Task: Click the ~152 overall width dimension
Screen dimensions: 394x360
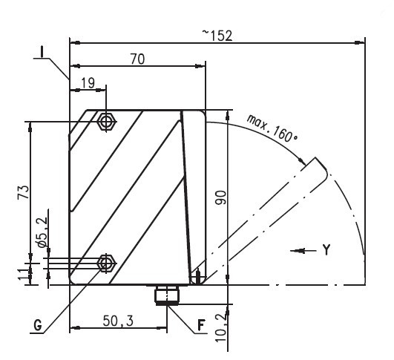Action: pyautogui.click(x=217, y=36)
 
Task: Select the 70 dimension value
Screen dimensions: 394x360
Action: pyautogui.click(x=138, y=59)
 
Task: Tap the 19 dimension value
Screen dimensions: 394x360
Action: pyautogui.click(x=88, y=83)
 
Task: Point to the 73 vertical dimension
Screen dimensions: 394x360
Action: pyautogui.click(x=23, y=192)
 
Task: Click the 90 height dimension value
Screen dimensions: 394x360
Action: pyautogui.click(x=221, y=197)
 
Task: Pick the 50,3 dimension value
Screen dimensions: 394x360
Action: pyautogui.click(x=118, y=321)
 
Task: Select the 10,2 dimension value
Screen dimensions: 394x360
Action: pyautogui.click(x=221, y=328)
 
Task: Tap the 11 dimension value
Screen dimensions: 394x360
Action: pyautogui.click(x=23, y=272)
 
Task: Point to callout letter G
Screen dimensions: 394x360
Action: pyautogui.click(x=38, y=326)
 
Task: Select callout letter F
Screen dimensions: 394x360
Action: pyautogui.click(x=201, y=325)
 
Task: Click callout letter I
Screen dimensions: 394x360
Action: pyautogui.click(x=42, y=52)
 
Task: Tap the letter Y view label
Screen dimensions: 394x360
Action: pyautogui.click(x=326, y=250)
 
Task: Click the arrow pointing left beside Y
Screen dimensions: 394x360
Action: pyautogui.click(x=303, y=251)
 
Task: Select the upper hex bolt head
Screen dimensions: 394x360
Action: pyautogui.click(x=107, y=122)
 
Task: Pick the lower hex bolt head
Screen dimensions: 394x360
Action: pyautogui.click(x=107, y=264)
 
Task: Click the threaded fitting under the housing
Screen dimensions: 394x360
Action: pyautogui.click(x=167, y=295)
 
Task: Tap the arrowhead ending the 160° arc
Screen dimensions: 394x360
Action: pyautogui.click(x=301, y=160)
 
